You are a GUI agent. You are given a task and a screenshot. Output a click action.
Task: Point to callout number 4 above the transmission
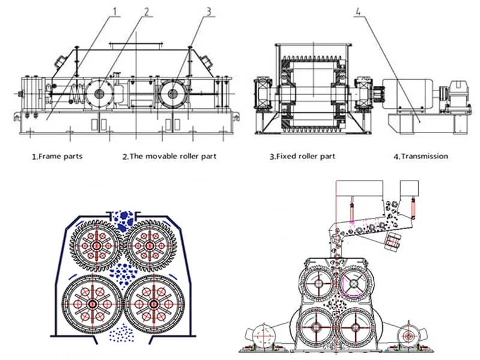tap(358, 9)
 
